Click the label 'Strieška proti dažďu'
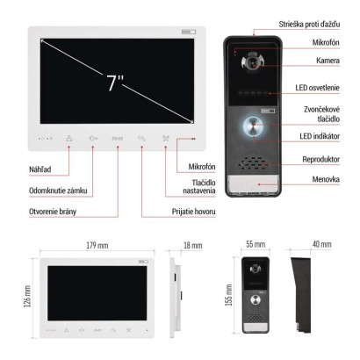pos(309,25)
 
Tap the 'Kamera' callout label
pos(328,61)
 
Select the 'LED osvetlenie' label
pos(317,88)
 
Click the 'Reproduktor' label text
pos(320,160)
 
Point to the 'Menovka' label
pos(326,179)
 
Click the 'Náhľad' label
pos(40,169)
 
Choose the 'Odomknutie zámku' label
pos(58,191)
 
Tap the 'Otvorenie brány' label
pos(53,212)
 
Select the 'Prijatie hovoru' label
pos(193,212)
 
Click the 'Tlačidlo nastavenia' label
pos(199,187)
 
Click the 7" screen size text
pos(115,83)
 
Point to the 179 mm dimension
pos(97,245)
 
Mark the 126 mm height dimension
pos(27,296)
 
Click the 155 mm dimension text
pos(228,295)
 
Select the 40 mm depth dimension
pos(322,244)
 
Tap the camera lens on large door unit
pos(251,62)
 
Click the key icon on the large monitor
pos(93,139)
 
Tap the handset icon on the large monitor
pos(141,139)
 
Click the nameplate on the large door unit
pos(253,184)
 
